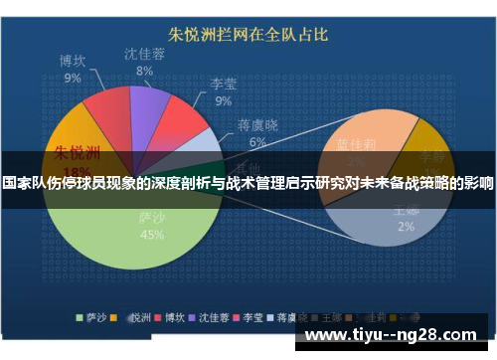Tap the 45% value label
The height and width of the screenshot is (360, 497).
pos(152,235)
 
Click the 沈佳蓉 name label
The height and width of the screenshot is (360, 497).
pos(144,54)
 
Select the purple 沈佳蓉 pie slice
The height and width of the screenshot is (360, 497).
pos(148,105)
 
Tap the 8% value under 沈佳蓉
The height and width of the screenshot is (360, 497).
pos(145,71)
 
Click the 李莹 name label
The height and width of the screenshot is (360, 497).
pos(222,84)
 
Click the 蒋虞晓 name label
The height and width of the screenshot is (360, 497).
pos(256,124)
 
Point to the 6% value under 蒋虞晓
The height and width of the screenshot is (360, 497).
pos(256,141)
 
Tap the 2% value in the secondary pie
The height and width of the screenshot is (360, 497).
pos(406,226)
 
